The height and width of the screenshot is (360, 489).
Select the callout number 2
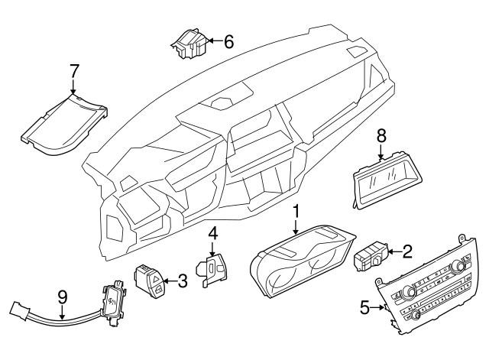408,250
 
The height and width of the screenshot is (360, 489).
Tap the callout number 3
182,282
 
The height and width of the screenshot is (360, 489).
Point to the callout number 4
215,232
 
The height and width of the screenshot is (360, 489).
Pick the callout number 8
381,136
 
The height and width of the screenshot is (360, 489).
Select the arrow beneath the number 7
74,90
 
